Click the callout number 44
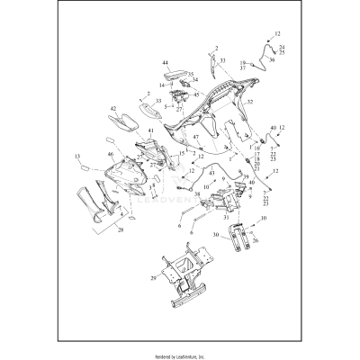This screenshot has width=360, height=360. pyautogui.click(x=165, y=63)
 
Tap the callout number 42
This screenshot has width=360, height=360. pyautogui.click(x=113, y=109)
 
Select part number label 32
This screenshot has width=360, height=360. pyautogui.click(x=250, y=102)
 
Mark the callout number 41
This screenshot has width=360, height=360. pyautogui.click(x=151, y=131)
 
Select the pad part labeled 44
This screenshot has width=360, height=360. pyautogui.click(x=176, y=75)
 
